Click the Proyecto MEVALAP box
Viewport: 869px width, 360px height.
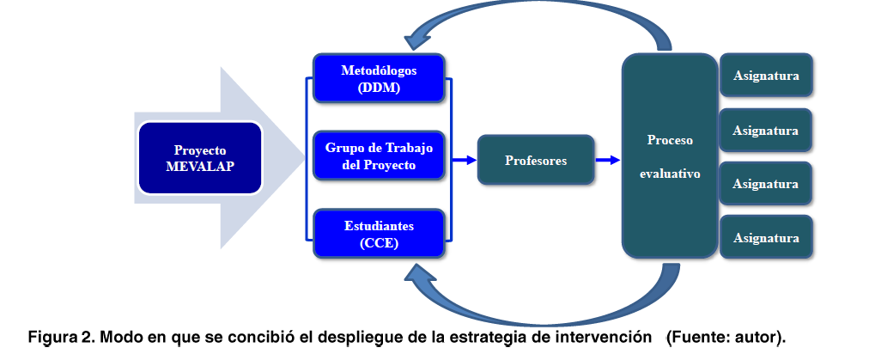(199, 158)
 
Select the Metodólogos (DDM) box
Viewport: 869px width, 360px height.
(379, 78)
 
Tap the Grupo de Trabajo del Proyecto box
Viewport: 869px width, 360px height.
(379, 156)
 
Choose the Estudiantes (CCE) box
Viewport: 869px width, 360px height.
(379, 234)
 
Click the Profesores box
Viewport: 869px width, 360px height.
(536, 160)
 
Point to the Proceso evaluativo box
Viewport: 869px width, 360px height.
(670, 156)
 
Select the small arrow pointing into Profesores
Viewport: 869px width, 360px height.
(465, 161)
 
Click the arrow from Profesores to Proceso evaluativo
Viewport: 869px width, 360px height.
(608, 161)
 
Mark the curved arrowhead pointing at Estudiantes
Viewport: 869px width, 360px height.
(420, 274)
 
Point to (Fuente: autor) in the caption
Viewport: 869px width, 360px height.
(726, 338)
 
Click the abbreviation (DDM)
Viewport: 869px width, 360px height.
(379, 88)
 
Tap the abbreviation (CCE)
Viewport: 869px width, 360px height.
(379, 243)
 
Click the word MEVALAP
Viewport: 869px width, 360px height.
(200, 167)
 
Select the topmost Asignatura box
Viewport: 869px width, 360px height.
(767, 76)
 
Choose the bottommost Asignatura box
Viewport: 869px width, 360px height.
(767, 237)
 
